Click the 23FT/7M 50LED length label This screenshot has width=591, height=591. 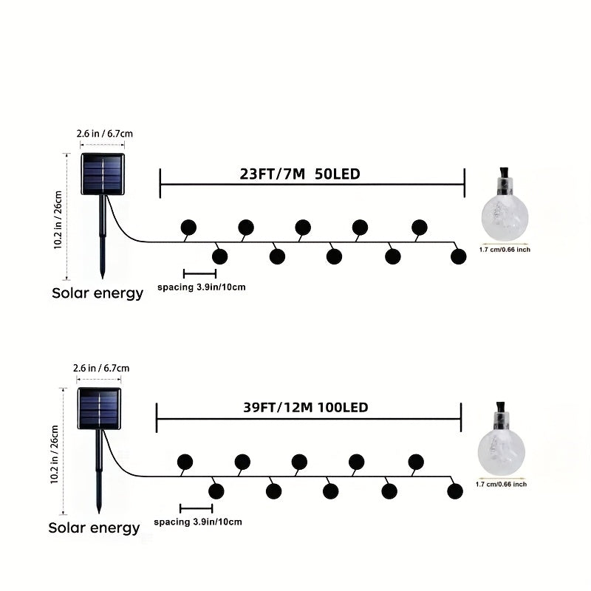300,174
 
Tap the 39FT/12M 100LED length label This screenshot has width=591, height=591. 306,408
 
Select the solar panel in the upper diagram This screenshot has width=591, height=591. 103,174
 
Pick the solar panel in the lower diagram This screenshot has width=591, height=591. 99,409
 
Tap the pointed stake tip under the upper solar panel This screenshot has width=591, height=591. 103,278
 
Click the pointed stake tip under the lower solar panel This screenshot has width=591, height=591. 99,512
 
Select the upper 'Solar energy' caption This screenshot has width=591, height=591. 98,293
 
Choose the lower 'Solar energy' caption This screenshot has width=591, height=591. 95,527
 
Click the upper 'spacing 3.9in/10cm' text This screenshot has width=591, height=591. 202,287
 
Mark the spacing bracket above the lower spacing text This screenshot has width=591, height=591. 197,508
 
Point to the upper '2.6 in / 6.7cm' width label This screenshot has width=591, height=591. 105,134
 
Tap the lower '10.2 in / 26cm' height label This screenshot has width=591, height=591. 54,454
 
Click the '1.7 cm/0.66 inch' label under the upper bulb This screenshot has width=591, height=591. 505,250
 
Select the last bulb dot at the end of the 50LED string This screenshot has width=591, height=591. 458,256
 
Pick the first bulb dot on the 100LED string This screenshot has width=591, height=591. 185,462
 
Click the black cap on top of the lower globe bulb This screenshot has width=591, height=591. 501,407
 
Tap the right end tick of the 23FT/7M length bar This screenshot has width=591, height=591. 465,182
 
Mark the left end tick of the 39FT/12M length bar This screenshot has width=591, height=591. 157,417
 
